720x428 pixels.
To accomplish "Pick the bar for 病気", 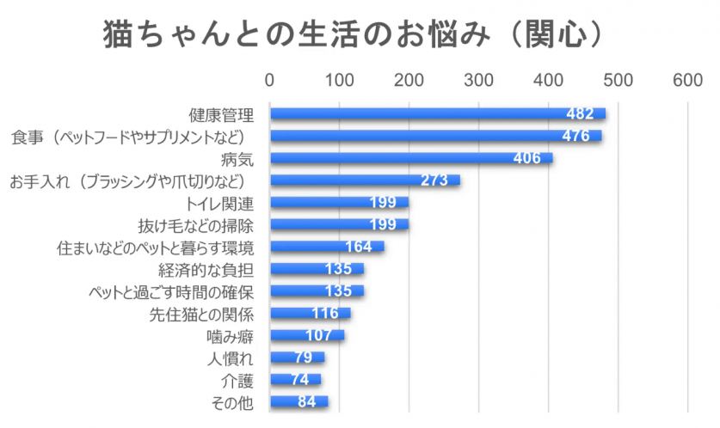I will point(410,158).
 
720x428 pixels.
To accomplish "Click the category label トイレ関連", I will point(219,203).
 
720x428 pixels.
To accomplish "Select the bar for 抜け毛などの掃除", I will point(339,225).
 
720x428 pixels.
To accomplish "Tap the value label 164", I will point(358,248).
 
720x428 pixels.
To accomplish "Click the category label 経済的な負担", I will point(212,270).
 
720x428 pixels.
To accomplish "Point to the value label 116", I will point(324,314).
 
